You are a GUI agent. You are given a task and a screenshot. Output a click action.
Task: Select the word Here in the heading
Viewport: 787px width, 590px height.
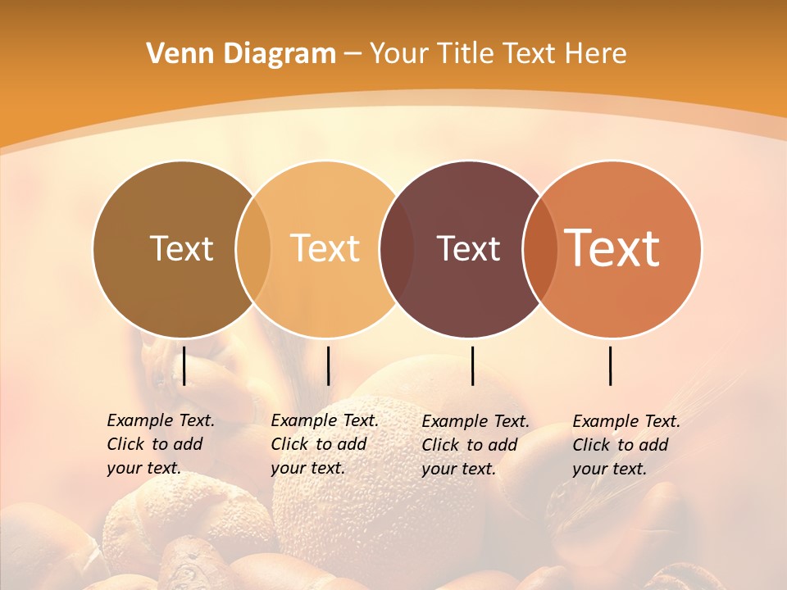pyautogui.click(x=596, y=54)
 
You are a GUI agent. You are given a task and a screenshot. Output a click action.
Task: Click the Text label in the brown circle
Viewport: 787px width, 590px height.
pyautogui.click(x=181, y=248)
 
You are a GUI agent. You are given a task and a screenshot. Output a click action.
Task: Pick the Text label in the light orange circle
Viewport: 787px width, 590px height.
pyautogui.click(x=325, y=248)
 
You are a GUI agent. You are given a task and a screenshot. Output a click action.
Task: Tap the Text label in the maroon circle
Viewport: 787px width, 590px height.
pyautogui.click(x=468, y=248)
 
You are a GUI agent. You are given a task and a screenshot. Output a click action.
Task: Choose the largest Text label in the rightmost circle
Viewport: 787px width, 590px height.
pyautogui.click(x=612, y=248)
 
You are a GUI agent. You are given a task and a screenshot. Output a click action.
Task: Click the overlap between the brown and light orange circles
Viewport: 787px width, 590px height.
pyautogui.click(x=253, y=248)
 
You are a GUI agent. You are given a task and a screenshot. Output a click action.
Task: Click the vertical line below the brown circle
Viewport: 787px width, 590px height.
pyautogui.click(x=184, y=365)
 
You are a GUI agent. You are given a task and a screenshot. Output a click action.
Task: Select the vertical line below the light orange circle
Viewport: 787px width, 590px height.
pyautogui.click(x=328, y=365)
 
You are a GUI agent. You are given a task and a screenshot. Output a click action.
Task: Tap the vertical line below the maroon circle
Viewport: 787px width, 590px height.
pyautogui.click(x=472, y=365)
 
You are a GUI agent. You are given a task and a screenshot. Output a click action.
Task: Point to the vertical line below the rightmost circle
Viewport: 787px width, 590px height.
pyautogui.click(x=610, y=365)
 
